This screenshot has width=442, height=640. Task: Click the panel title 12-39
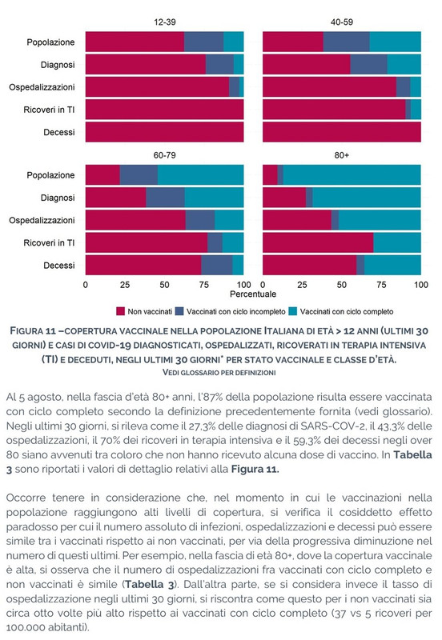point(165,22)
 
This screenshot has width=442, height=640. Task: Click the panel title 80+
point(341,155)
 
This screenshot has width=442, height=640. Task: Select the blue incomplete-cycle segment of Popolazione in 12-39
point(204,42)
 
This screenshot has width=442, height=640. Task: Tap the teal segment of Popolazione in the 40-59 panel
point(395,42)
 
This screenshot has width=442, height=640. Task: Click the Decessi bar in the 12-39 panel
point(165,132)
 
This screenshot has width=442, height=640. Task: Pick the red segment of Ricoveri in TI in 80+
point(318,243)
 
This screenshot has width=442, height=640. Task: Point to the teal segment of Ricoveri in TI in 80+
point(397,243)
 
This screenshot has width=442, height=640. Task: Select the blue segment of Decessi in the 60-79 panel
point(216,266)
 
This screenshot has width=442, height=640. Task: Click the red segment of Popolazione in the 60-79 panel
point(102,174)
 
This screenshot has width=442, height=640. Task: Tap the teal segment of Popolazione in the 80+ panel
point(352,174)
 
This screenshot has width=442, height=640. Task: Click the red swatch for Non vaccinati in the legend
point(120,311)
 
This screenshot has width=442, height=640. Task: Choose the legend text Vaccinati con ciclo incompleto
point(235,311)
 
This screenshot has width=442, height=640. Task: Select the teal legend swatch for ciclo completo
point(292,311)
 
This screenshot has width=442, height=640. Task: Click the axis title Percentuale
point(253,294)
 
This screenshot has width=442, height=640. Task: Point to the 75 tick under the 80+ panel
point(381,285)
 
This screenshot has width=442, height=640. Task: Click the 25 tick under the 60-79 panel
point(125,285)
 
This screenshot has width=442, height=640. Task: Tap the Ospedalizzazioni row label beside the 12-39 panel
point(42,87)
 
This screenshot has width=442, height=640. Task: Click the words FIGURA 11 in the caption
point(33,330)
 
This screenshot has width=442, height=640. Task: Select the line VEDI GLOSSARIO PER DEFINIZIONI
point(219,372)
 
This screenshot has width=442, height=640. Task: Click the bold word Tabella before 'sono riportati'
point(412,454)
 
